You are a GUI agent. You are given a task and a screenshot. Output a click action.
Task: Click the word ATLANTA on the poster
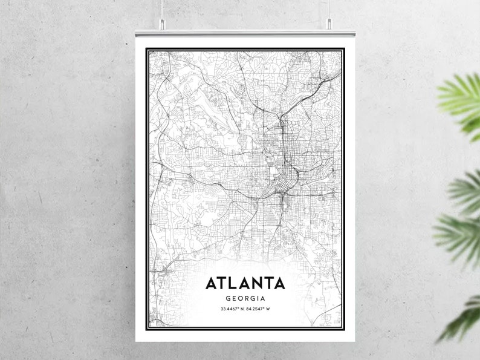pyautogui.click(x=245, y=283)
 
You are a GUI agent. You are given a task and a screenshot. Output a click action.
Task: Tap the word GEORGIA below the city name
pyautogui.click(x=245, y=298)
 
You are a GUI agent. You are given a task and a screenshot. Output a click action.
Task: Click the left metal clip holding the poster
pyautogui.click(x=161, y=24)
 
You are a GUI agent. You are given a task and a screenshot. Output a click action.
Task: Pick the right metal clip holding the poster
pyautogui.click(x=329, y=24)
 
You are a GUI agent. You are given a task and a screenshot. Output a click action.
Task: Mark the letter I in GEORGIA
pyautogui.click(x=259, y=298)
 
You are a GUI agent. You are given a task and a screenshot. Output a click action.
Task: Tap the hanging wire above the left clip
pyautogui.click(x=161, y=9)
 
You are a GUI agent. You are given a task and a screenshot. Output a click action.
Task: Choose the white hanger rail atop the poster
pyautogui.click(x=245, y=31)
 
